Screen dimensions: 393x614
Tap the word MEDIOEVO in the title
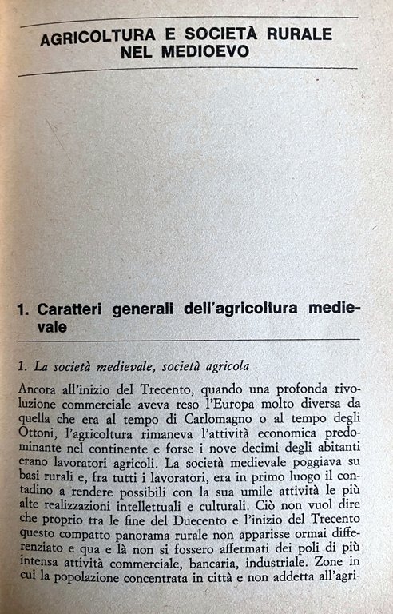pos(204,51)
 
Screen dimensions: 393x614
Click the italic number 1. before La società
pos(22,366)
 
